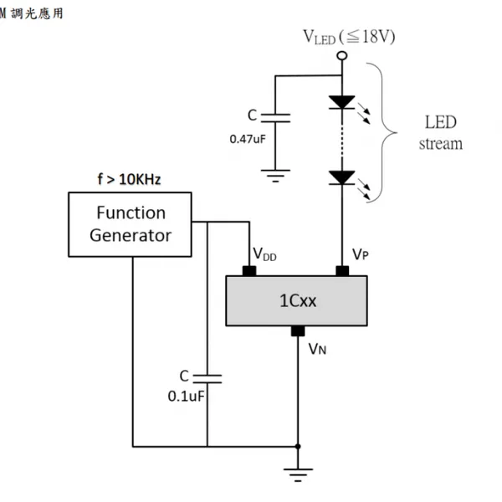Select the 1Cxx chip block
click(296, 300)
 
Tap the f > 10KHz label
click(129, 179)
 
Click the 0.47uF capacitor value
click(248, 139)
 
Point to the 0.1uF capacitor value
click(186, 397)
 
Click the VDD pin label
click(264, 255)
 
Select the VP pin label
click(361, 254)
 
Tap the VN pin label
click(317, 349)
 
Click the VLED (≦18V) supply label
click(349, 37)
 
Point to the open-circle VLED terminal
click(342, 56)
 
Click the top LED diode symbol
click(342, 102)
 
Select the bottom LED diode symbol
click(342, 177)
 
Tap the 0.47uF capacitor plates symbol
click(275, 118)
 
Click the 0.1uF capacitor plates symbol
click(207, 379)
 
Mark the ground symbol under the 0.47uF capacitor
click(275, 176)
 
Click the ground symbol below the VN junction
click(298, 475)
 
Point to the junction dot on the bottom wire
click(298, 446)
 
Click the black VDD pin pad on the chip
click(249, 271)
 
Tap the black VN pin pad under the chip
click(298, 331)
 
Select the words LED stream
click(441, 132)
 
